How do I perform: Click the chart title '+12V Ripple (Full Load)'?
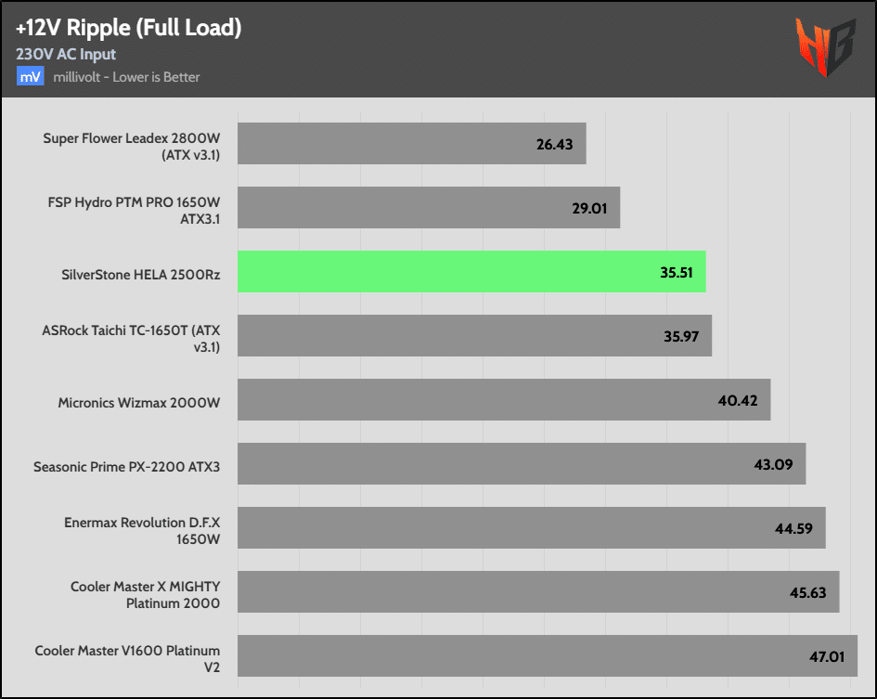pos(128,28)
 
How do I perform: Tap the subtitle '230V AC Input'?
pos(66,54)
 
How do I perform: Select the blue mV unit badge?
pos(30,76)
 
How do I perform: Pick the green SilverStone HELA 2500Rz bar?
pos(471,272)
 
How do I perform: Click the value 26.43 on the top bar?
pos(555,145)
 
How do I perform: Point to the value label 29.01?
pos(589,208)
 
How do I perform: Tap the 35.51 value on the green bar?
pos(677,273)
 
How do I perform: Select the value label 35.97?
pos(682,336)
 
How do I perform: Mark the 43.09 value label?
pos(773,464)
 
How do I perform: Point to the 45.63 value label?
pos(806,592)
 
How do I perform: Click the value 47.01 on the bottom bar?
pos(826,656)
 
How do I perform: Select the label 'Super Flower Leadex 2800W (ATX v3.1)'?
pos(132,145)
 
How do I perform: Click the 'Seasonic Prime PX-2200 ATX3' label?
pos(126,465)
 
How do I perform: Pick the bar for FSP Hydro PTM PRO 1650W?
pos(428,208)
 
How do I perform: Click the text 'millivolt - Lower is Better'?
pos(126,76)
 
